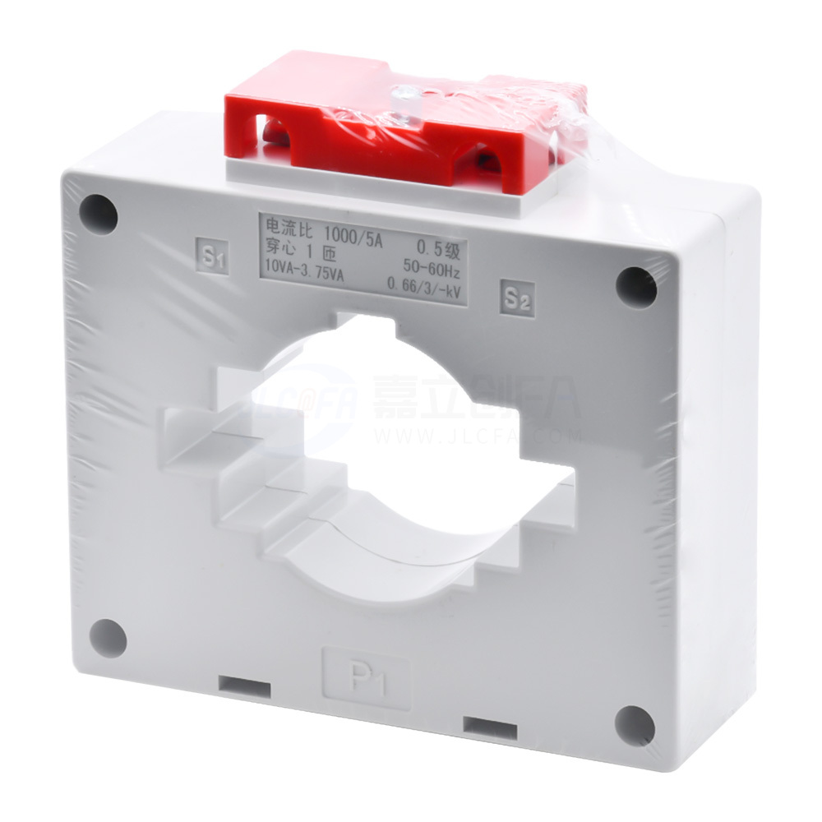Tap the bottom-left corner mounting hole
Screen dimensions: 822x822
108,636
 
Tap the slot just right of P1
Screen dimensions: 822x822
490,726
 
